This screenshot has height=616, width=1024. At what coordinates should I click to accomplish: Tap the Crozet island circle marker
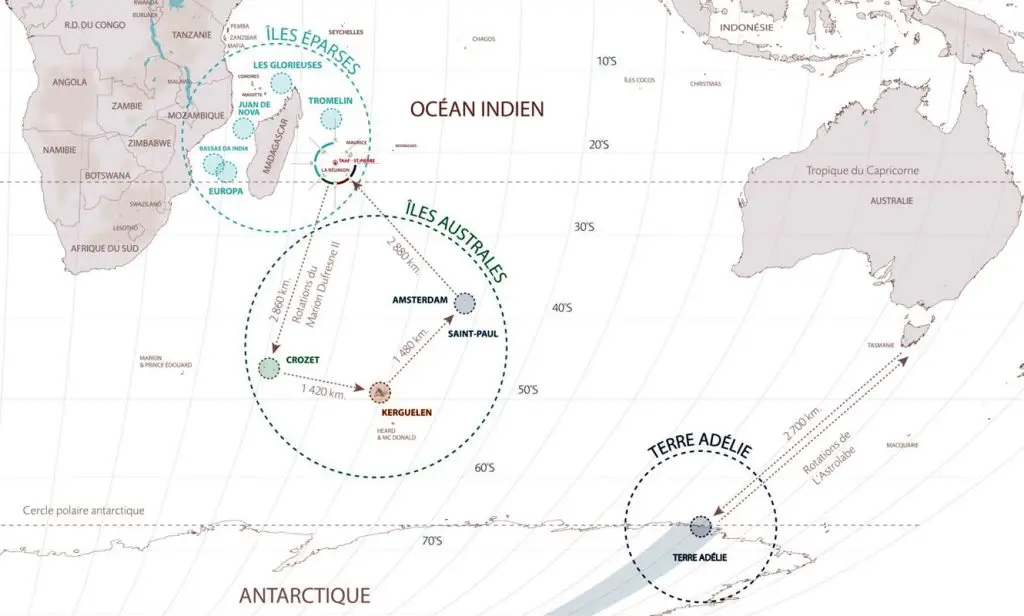pos(269,368)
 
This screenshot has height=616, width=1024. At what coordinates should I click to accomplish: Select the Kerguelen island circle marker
pos(380,393)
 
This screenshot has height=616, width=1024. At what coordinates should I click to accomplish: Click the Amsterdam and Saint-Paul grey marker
pos(465,303)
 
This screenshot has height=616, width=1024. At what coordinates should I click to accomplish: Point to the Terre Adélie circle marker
pos(700,526)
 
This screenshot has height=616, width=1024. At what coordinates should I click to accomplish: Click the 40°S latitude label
pos(562,308)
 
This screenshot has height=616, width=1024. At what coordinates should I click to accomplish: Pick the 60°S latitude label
pos(484,468)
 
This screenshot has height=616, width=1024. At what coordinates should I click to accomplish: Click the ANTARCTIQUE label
pos(305,595)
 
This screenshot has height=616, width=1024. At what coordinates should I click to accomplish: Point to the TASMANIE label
pos(881,345)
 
